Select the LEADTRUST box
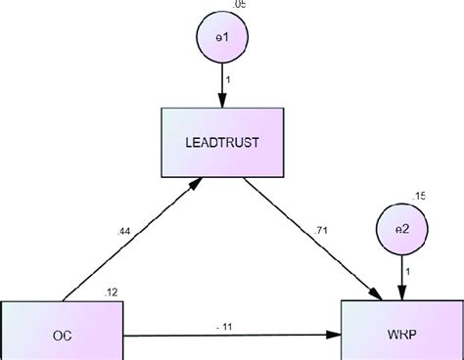pyautogui.click(x=222, y=143)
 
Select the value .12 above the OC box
pyautogui.click(x=112, y=292)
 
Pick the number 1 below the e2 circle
pyautogui.click(x=407, y=270)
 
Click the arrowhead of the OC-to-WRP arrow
pyautogui.click(x=334, y=336)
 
